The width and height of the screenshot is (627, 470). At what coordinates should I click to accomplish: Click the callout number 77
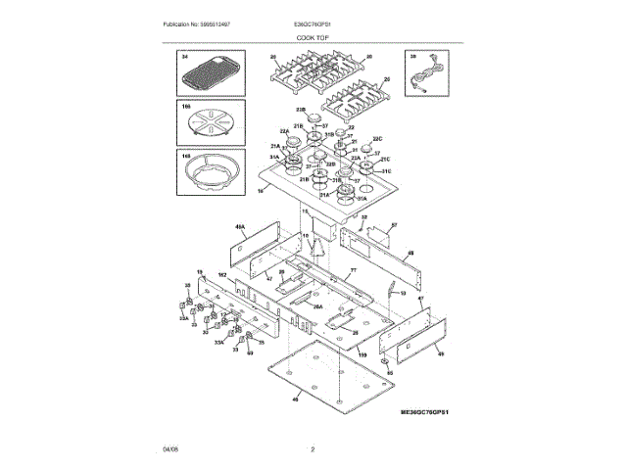click(353, 270)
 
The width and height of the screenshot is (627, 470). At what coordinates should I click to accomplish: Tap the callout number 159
click(362, 354)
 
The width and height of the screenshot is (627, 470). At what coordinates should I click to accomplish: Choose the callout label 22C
click(377, 139)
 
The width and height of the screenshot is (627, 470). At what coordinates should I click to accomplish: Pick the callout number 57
click(394, 225)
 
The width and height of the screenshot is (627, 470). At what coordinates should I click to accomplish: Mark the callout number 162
click(221, 277)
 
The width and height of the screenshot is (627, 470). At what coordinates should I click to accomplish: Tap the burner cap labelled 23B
click(314, 118)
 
